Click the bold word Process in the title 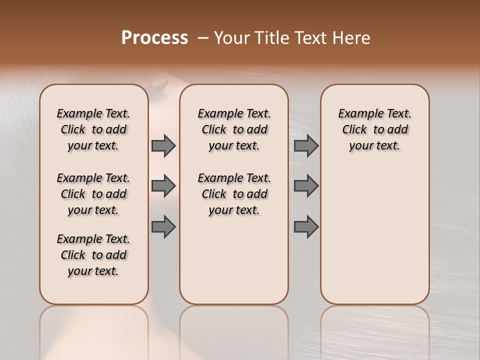(x=154, y=38)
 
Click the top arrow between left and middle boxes (x=163, y=145)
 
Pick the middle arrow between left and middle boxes (x=163, y=186)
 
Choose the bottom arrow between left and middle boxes (x=163, y=227)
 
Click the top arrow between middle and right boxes (x=306, y=145)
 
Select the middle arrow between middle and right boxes (x=306, y=186)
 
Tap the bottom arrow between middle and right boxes (x=306, y=227)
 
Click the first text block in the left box (x=93, y=129)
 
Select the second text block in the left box (x=93, y=194)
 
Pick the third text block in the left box (x=93, y=255)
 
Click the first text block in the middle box (x=234, y=129)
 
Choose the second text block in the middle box (x=234, y=194)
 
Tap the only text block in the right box (x=375, y=129)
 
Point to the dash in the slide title (x=203, y=38)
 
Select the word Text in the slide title (x=311, y=38)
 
